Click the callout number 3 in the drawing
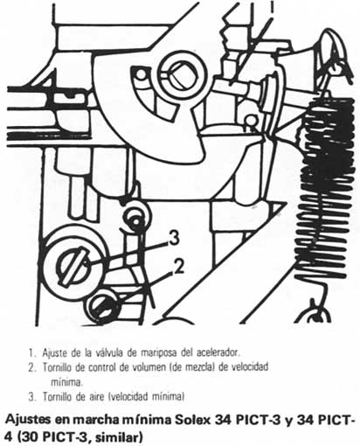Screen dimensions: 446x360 pos(174,236)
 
